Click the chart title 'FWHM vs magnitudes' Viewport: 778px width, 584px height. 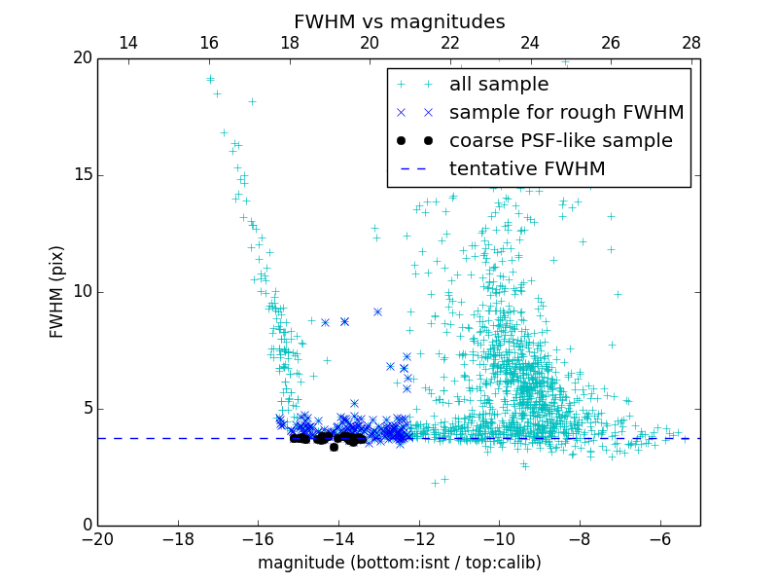click(x=399, y=21)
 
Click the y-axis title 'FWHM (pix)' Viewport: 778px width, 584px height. click(x=57, y=291)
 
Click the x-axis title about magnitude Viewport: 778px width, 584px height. click(x=399, y=563)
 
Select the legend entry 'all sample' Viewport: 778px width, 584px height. click(x=499, y=85)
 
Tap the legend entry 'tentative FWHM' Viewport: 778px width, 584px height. click(x=527, y=168)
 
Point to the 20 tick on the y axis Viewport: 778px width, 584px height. click(x=82, y=58)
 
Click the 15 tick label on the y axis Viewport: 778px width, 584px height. click(x=82, y=175)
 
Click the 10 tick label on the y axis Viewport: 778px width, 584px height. click(x=82, y=292)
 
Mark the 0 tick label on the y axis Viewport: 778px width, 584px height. click(x=87, y=526)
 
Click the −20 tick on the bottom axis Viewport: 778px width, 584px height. click(x=97, y=539)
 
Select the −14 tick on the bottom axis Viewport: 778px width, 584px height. click(x=338, y=539)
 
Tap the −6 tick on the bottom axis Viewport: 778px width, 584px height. click(x=660, y=539)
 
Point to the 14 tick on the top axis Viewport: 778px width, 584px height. click(x=127, y=43)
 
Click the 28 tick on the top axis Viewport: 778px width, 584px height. click(x=691, y=43)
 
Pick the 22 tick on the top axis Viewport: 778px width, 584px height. click(x=450, y=43)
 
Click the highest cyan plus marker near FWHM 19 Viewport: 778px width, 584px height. click(x=210, y=79)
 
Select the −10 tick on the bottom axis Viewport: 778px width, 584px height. click(x=499, y=539)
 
